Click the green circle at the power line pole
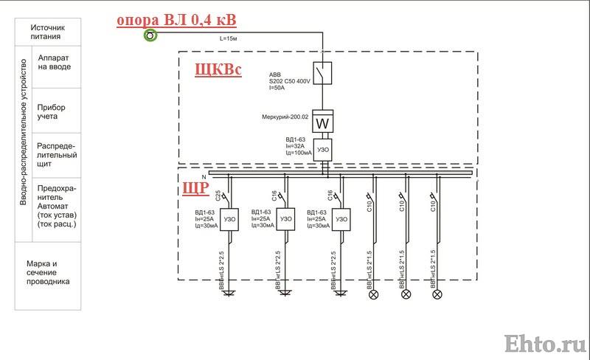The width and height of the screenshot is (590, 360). (150, 35)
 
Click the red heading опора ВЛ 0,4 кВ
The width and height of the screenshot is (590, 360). (176, 20)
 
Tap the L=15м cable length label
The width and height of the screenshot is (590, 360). (228, 38)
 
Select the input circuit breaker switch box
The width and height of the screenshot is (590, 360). (322, 73)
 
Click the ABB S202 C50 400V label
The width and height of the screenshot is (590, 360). (289, 81)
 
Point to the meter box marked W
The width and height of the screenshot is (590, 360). (323, 121)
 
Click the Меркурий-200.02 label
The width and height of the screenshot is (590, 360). (285, 117)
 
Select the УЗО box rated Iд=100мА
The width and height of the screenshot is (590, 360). (323, 150)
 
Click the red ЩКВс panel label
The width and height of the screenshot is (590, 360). (218, 69)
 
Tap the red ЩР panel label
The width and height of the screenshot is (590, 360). (195, 187)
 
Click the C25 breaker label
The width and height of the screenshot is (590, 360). (218, 195)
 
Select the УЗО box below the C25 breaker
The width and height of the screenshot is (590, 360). (229, 220)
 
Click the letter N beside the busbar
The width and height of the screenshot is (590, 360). (204, 177)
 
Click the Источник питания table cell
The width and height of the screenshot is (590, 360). (48, 32)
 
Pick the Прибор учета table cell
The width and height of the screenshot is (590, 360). (57, 111)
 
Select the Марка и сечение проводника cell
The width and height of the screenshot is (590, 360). (48, 276)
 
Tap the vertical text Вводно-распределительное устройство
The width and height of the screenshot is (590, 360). (24, 132)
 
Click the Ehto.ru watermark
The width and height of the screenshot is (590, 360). (546, 345)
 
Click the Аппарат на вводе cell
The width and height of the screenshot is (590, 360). (57, 67)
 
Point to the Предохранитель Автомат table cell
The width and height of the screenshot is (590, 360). (57, 210)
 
